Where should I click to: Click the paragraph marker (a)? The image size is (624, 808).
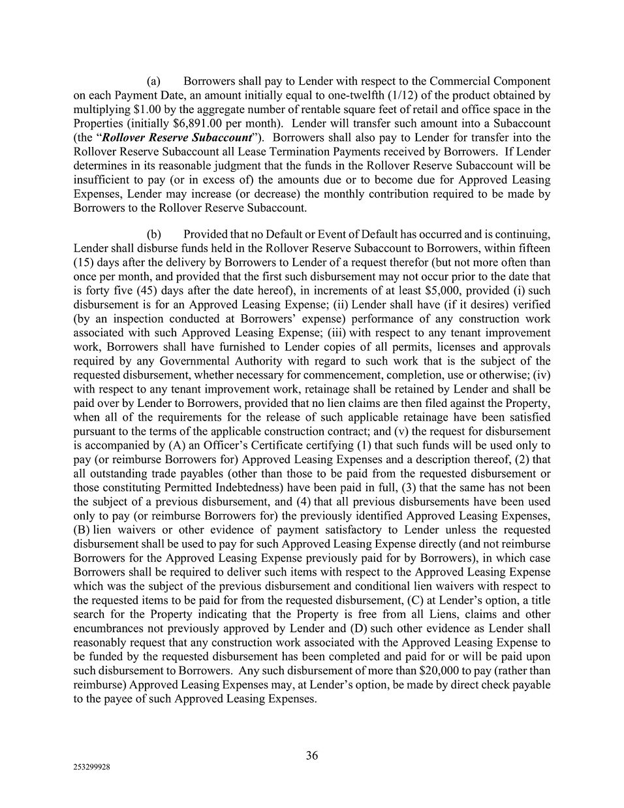coord(153,82)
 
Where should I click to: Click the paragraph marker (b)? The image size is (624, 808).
coord(153,234)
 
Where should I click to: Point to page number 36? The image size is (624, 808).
coord(312,756)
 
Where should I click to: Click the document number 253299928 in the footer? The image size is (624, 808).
coord(91,768)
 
